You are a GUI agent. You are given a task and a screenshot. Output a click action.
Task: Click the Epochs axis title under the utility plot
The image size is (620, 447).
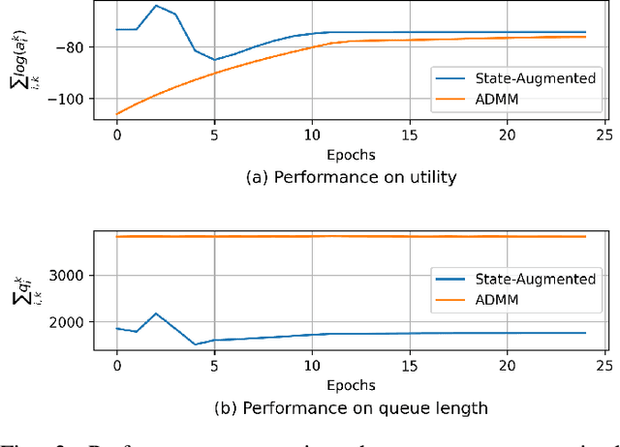(350, 154)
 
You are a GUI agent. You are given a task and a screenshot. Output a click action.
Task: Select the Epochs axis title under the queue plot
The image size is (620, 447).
(350, 384)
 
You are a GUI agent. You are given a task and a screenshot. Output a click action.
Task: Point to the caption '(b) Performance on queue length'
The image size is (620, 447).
(350, 407)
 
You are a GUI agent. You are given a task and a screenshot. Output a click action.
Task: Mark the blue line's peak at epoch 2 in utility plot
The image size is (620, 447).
(156, 6)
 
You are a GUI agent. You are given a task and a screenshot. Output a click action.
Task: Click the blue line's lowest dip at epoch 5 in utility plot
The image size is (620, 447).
(214, 60)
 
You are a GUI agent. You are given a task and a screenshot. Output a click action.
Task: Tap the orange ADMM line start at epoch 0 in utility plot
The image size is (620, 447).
(117, 114)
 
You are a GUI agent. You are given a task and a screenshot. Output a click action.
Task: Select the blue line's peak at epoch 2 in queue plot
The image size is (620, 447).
(156, 313)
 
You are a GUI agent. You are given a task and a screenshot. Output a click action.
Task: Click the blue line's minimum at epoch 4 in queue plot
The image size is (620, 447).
(195, 344)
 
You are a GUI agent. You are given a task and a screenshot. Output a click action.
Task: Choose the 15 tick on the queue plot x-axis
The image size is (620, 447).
(408, 367)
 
